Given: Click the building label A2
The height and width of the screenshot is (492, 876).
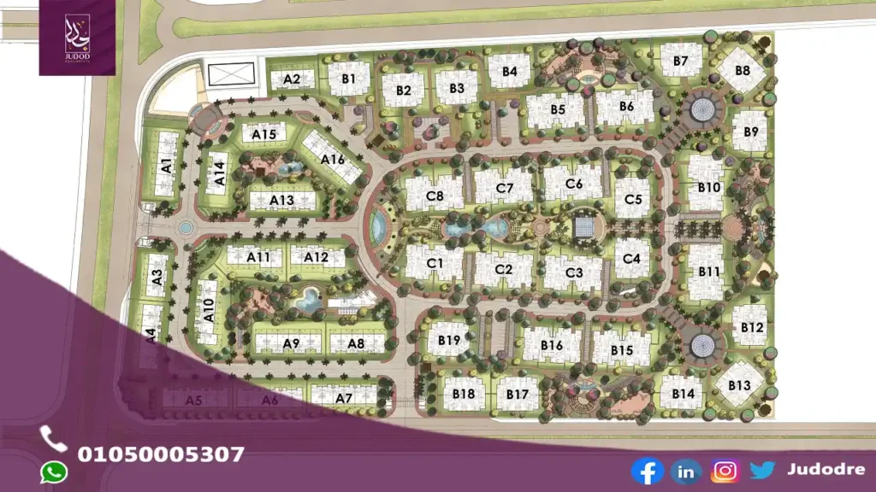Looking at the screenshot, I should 292,79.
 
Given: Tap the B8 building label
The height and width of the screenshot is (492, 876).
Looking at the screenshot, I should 742,70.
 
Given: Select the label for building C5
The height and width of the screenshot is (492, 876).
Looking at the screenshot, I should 633,199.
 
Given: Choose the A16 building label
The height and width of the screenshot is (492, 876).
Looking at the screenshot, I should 333,158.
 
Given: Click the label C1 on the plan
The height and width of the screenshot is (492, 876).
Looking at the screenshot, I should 434,263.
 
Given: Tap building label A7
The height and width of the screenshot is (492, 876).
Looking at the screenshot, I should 344,398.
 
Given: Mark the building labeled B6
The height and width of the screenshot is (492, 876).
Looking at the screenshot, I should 626,107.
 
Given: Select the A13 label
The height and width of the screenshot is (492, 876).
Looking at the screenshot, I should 281,200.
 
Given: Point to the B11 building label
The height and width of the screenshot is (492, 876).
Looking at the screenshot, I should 709,271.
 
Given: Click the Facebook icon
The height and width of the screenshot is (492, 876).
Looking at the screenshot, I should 647,471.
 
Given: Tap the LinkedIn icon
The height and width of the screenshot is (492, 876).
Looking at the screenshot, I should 686,471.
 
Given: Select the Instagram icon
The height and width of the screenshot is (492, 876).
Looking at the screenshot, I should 725,471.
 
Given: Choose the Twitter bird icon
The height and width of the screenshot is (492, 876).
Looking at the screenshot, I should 763,470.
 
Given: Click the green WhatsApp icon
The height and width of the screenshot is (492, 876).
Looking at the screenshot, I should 54,471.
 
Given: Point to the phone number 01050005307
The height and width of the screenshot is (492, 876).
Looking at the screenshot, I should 161,454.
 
